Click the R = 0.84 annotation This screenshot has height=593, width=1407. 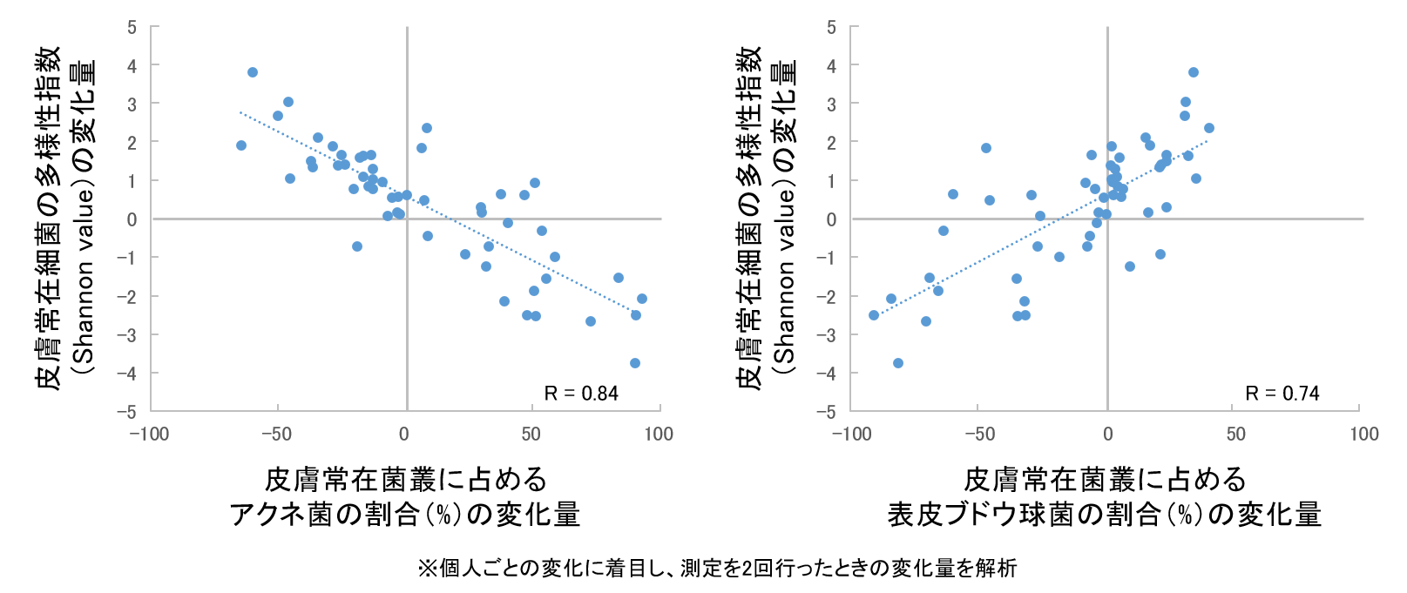581,394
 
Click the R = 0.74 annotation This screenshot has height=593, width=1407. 1282,394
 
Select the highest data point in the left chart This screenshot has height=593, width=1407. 253,72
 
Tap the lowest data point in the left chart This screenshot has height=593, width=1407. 635,363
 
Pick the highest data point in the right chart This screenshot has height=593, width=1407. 1194,72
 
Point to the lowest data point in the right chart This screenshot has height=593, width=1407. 898,363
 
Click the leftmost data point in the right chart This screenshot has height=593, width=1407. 874,315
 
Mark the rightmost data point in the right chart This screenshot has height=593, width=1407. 1209,128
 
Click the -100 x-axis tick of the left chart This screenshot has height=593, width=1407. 149,434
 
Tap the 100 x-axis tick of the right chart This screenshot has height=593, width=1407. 1363,434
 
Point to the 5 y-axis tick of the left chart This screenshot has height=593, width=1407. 132,27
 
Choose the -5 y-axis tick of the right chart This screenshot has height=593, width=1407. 831,411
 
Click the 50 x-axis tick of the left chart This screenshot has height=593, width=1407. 531,434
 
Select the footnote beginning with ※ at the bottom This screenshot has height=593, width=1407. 716,569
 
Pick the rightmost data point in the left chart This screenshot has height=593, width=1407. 642,299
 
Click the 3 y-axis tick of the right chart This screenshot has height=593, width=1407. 831,104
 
